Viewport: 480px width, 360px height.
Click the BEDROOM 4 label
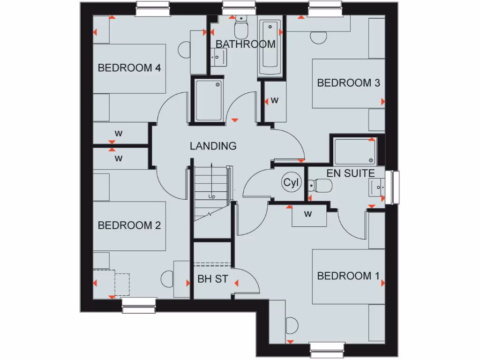tap(129, 68)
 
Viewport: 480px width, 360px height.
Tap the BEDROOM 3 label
tap(349, 83)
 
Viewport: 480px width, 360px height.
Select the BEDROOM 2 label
tap(129, 225)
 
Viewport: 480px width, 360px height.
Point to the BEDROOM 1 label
tap(348, 276)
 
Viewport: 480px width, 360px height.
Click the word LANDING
tap(213, 146)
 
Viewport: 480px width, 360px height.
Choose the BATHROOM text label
tap(245, 45)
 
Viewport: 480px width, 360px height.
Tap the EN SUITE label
tap(351, 173)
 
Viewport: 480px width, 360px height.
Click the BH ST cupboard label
tap(213, 279)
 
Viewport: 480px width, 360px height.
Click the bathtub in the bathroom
tap(270, 49)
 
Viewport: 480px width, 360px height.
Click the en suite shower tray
tap(355, 151)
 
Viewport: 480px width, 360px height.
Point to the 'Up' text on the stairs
tap(212, 197)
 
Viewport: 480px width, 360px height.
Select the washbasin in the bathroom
tap(219, 58)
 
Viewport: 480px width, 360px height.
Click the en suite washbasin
tap(377, 188)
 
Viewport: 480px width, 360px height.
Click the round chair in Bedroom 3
tap(318, 38)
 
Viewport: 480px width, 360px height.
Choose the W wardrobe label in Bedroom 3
tap(275, 100)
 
